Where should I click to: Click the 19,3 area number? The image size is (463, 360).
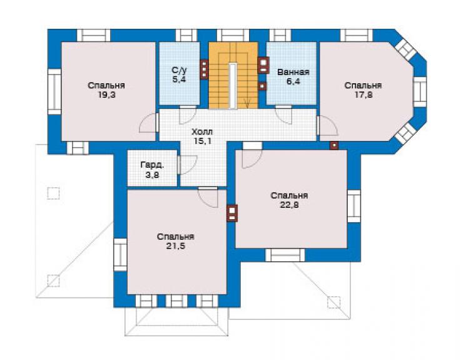pyautogui.click(x=106, y=95)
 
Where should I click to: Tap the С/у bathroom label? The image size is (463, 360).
pyautogui.click(x=179, y=70)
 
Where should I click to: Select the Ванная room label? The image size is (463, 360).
pyautogui.click(x=293, y=72)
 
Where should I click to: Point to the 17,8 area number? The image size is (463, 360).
pyautogui.click(x=363, y=95)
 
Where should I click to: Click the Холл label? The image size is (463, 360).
pyautogui.click(x=202, y=132)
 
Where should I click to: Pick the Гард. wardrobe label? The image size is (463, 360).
pyautogui.click(x=153, y=165)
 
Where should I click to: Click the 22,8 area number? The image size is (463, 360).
pyautogui.click(x=289, y=205)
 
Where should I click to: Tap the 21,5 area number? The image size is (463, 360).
pyautogui.click(x=175, y=246)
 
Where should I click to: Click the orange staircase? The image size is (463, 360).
pyautogui.click(x=233, y=75)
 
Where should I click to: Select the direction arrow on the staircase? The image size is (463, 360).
pyautogui.click(x=247, y=103)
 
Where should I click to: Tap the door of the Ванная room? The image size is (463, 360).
pyautogui.click(x=283, y=115)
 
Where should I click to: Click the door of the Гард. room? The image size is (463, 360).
pyautogui.click(x=187, y=165)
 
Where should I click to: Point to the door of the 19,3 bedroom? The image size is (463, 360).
pyautogui.click(x=148, y=122)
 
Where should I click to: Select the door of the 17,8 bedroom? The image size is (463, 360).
pyautogui.click(x=327, y=126)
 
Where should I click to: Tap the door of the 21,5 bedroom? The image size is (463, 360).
pyautogui.click(x=208, y=197)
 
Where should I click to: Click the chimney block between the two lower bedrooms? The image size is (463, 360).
pyautogui.click(x=232, y=213)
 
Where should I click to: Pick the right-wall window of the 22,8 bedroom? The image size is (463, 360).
pyautogui.click(x=354, y=206)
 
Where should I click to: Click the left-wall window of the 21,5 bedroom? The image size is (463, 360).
pyautogui.click(x=120, y=255)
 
